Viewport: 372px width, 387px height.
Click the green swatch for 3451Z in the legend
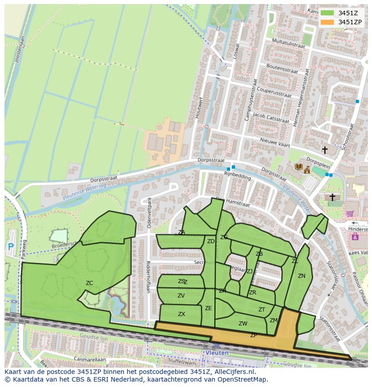pyautogui.click(x=327, y=13)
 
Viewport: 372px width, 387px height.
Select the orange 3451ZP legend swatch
pyautogui.click(x=327, y=22)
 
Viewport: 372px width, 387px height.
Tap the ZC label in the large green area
pyautogui.click(x=89, y=283)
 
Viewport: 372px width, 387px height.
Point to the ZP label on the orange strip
pyautogui.click(x=253, y=335)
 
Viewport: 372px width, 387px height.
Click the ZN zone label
pyautogui.click(x=301, y=276)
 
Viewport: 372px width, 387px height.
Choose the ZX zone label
pyautogui.click(x=181, y=314)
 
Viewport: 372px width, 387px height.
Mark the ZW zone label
pyautogui.click(x=243, y=324)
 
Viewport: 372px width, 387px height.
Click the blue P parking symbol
pyautogui.click(x=11, y=246)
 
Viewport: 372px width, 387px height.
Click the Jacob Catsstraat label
pyautogui.click(x=270, y=118)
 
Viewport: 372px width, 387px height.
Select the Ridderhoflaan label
pyautogui.click(x=148, y=277)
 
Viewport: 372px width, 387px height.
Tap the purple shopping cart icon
pyautogui.click(x=350, y=214)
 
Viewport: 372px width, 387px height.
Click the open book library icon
pyautogui.click(x=298, y=167)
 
